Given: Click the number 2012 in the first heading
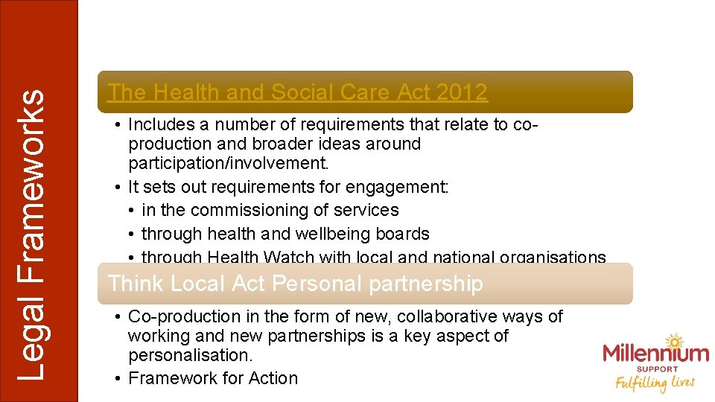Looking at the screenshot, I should (462, 92).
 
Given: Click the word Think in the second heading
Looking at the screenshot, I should (136, 284).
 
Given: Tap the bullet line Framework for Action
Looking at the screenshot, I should (213, 378).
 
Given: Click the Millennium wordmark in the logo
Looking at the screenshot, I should (655, 352).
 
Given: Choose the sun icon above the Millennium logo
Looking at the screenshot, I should (675, 342).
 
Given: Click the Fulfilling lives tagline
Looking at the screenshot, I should (655, 383).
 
